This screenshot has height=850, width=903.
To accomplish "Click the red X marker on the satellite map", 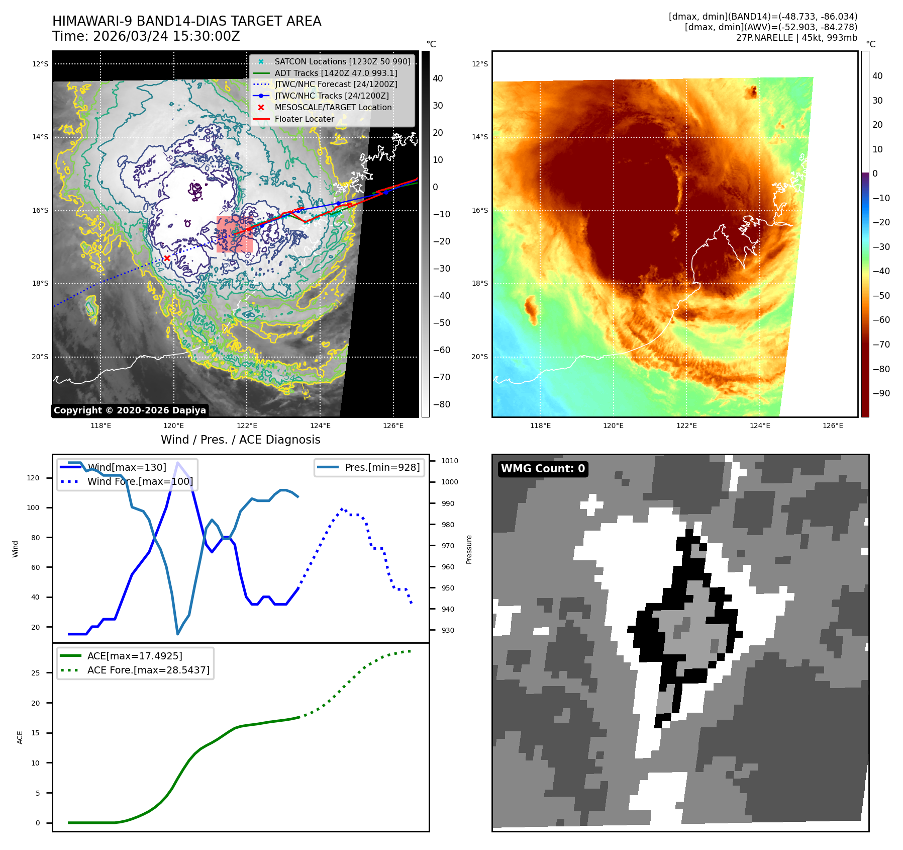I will (x=167, y=258).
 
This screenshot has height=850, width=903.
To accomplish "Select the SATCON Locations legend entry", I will (x=342, y=61).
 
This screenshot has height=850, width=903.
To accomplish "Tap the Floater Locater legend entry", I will (x=304, y=119).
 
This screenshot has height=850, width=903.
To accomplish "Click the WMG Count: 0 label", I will (x=543, y=469).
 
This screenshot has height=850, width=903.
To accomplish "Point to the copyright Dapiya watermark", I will (x=130, y=410).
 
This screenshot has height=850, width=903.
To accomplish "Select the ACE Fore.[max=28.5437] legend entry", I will (x=148, y=670).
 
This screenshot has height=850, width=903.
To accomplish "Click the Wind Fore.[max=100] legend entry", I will (x=140, y=481).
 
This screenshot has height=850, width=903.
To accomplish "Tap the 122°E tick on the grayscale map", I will (x=247, y=426).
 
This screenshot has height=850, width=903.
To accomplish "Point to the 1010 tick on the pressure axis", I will (x=449, y=461).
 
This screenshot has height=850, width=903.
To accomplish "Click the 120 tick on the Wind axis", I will (x=33, y=478).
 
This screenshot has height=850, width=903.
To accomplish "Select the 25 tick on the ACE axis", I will (x=36, y=673).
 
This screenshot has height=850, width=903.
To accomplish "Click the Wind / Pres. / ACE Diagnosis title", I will (x=240, y=440).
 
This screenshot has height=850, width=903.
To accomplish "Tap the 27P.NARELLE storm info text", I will (x=796, y=38).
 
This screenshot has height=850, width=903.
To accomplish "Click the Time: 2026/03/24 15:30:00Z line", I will (x=146, y=36).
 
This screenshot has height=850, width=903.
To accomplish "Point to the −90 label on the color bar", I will (x=881, y=393).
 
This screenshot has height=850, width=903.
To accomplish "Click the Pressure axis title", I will (x=469, y=549).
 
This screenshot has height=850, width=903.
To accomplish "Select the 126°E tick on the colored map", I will (x=833, y=426).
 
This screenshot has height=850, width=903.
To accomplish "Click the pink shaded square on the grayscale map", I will (x=234, y=234).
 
